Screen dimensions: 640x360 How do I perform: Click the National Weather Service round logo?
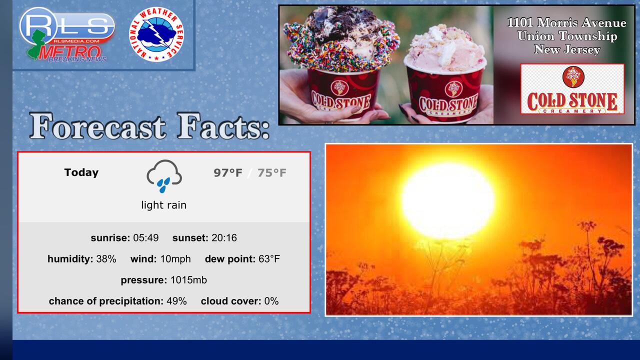coord(156,34)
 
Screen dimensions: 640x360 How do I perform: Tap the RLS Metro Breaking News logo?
coord(67,35)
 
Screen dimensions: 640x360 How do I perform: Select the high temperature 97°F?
coord(228,173)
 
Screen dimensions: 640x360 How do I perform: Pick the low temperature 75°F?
coord(271,173)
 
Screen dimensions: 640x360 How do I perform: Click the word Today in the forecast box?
coord(81,172)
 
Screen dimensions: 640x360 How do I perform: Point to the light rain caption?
coord(163,205)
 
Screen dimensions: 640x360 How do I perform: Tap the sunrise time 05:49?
coord(145,237)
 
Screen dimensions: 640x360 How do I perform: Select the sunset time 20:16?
coord(224,237)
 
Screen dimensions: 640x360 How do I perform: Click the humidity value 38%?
coord(106,259)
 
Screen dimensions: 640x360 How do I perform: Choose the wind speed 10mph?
coord(175,259)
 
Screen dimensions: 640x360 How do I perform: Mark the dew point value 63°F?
coord(269,259)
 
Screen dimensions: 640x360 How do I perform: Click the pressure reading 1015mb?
coord(188,280)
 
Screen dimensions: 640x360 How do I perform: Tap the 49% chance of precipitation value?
coord(176,301)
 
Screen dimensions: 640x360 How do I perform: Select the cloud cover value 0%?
coord(271,301)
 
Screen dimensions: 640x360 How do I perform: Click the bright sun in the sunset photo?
coord(447,201)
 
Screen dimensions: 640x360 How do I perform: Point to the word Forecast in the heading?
coord(97,126)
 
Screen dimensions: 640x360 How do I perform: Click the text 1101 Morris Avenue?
coord(567,22)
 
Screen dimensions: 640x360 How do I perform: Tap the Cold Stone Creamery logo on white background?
coord(572,89)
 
